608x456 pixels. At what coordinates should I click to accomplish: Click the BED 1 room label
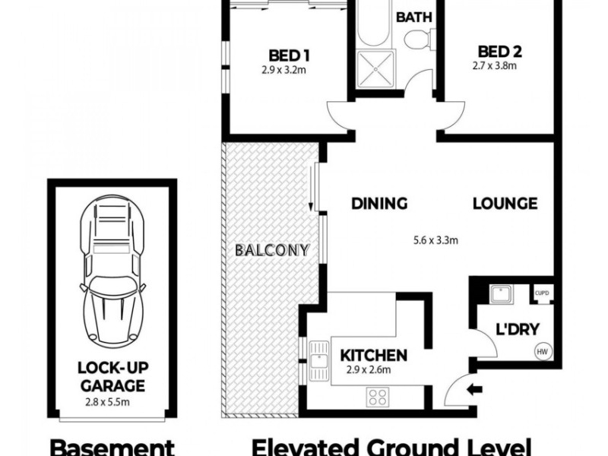pyautogui.click(x=289, y=55)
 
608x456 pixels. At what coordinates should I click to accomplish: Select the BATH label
pyautogui.click(x=413, y=17)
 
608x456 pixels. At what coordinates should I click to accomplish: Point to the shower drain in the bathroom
pyautogui.click(x=375, y=69)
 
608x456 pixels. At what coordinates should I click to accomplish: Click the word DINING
pyautogui.click(x=379, y=204)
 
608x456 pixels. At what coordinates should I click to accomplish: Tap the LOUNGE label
pyautogui.click(x=505, y=204)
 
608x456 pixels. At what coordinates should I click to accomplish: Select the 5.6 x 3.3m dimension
pyautogui.click(x=435, y=240)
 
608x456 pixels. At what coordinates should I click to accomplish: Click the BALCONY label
pyautogui.click(x=272, y=250)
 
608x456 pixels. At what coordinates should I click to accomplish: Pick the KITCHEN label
pyautogui.click(x=373, y=355)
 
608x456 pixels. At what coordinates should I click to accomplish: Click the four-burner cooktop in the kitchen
pyautogui.click(x=378, y=397)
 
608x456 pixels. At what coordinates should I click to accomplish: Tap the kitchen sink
pyautogui.click(x=319, y=361)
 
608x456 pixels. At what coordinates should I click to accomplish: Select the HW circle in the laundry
pyautogui.click(x=543, y=352)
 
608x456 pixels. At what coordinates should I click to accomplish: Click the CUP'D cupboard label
pyautogui.click(x=542, y=293)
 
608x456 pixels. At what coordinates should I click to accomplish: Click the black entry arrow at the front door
pyautogui.click(x=474, y=390)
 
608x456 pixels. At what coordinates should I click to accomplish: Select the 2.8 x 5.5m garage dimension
pyautogui.click(x=107, y=402)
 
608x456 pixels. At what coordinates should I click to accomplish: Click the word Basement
pyautogui.click(x=112, y=448)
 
